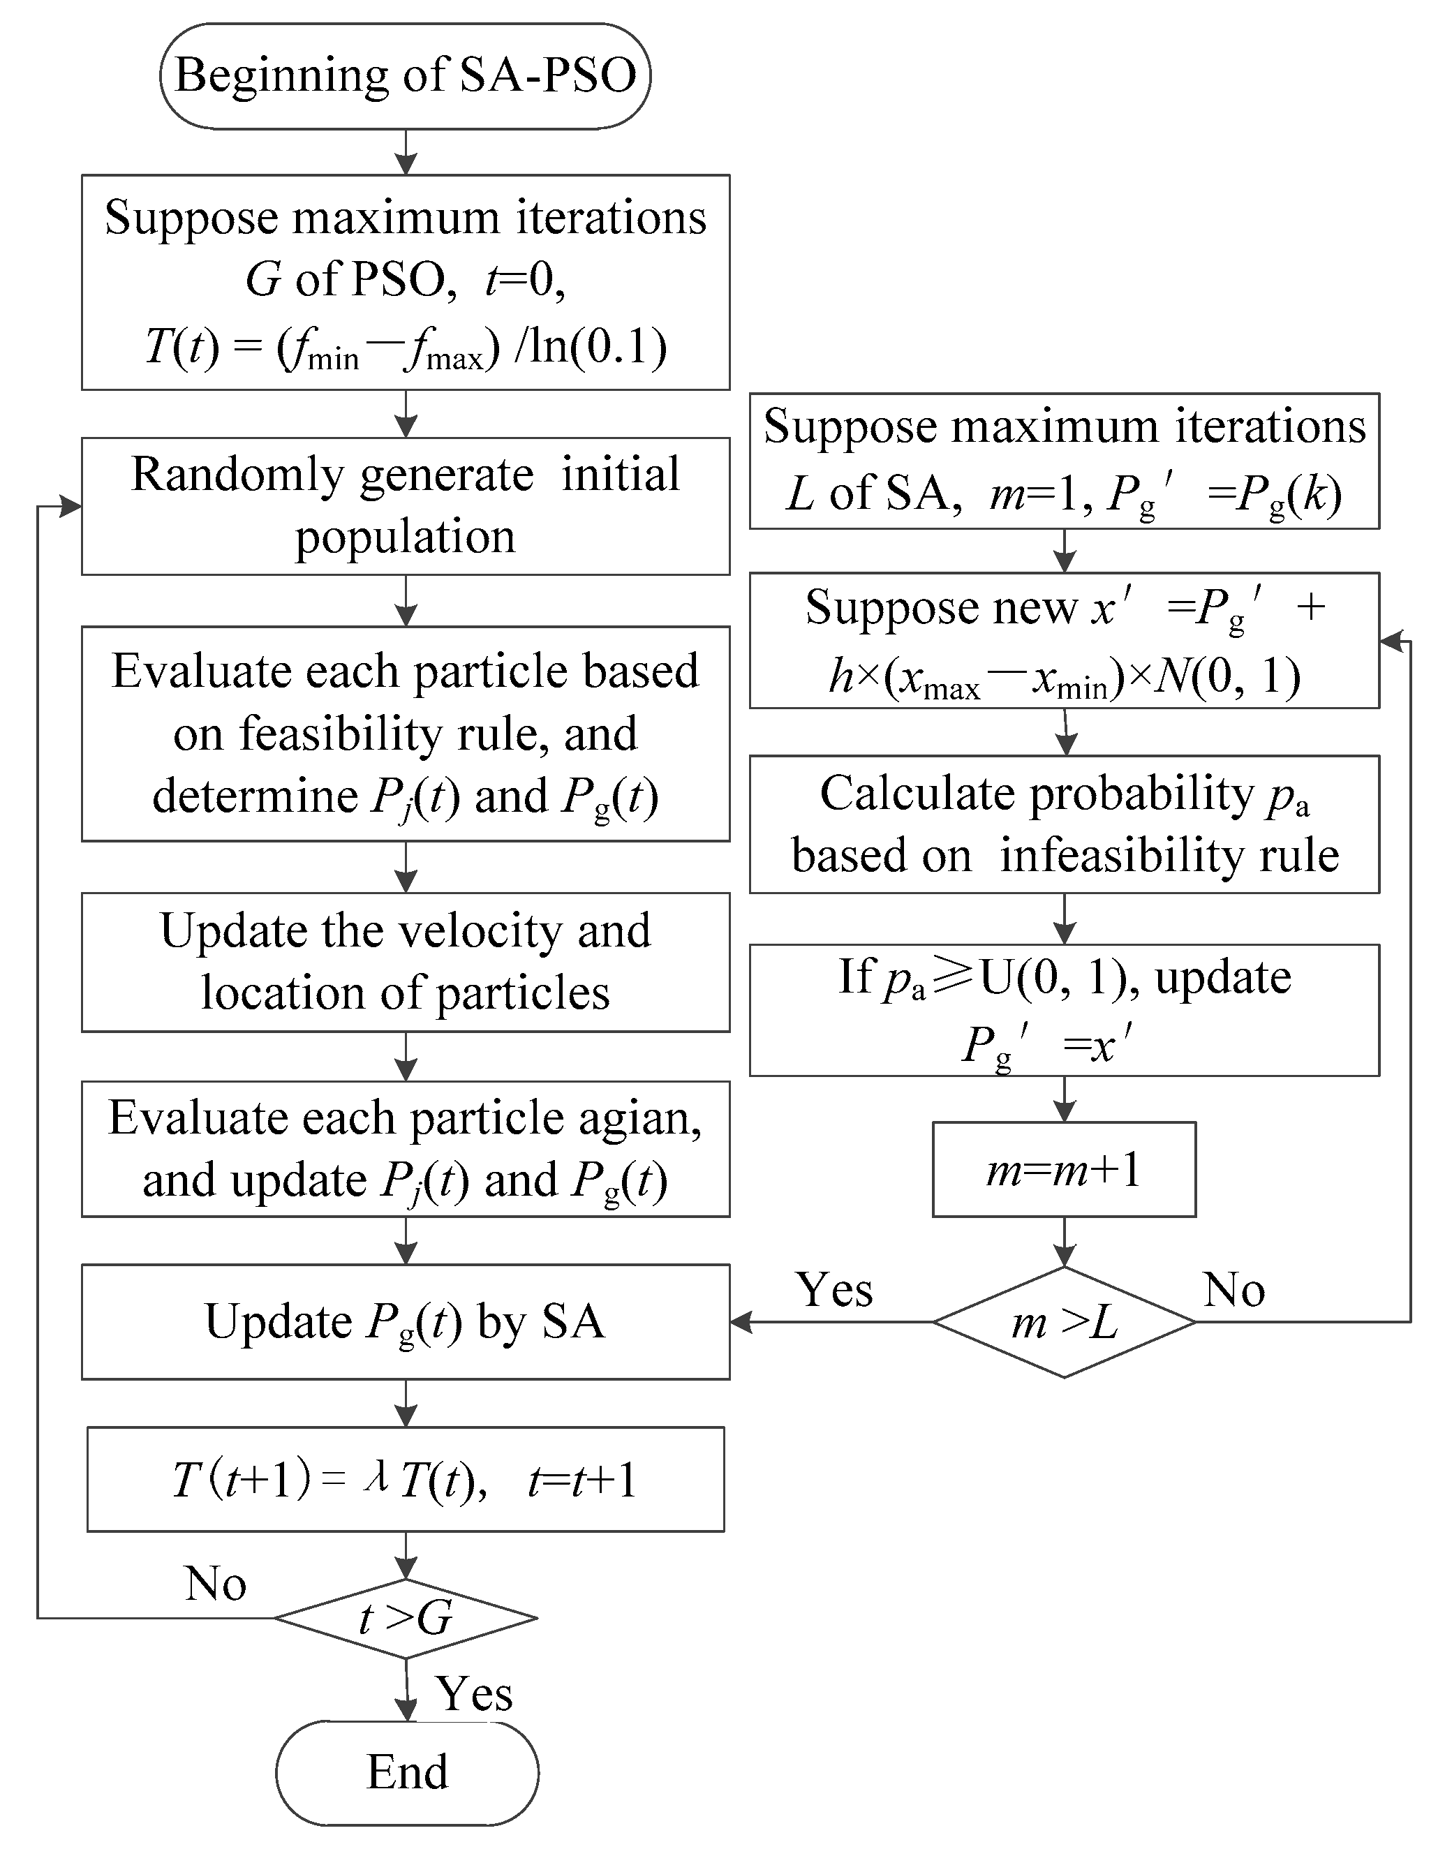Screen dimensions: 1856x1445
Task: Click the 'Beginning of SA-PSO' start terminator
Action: coord(406,77)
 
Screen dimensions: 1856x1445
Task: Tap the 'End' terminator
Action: coord(407,1772)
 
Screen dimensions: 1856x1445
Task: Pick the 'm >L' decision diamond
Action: coord(1064,1321)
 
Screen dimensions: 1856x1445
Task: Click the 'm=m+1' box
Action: coord(1064,1169)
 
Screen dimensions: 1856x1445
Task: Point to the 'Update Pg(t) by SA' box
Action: coord(406,1321)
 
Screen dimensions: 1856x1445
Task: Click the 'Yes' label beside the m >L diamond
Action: coord(834,1290)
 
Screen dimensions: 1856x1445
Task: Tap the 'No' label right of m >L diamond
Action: coord(1233,1290)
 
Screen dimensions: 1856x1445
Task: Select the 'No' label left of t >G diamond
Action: coord(216,1584)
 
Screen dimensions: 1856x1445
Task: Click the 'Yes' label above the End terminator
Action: coord(473,1693)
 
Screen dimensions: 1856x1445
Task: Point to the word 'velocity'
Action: coord(481,930)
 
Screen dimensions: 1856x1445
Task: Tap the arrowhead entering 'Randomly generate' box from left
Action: coord(71,507)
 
